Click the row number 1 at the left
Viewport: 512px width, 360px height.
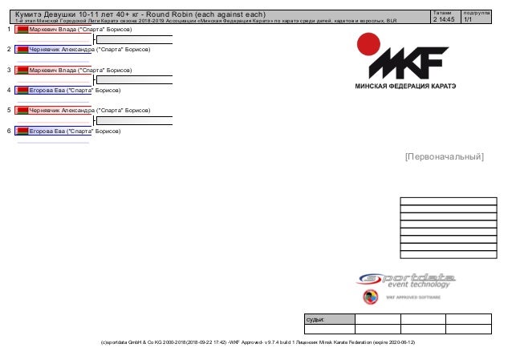coord(7,29)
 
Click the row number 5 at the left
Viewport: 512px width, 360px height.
coord(7,110)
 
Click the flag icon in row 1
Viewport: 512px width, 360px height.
coord(22,29)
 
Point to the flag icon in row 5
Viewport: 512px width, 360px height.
coord(22,110)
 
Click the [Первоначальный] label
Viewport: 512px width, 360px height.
coord(444,156)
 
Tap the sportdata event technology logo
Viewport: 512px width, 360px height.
coord(406,280)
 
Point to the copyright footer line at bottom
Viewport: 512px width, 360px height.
coord(257,342)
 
